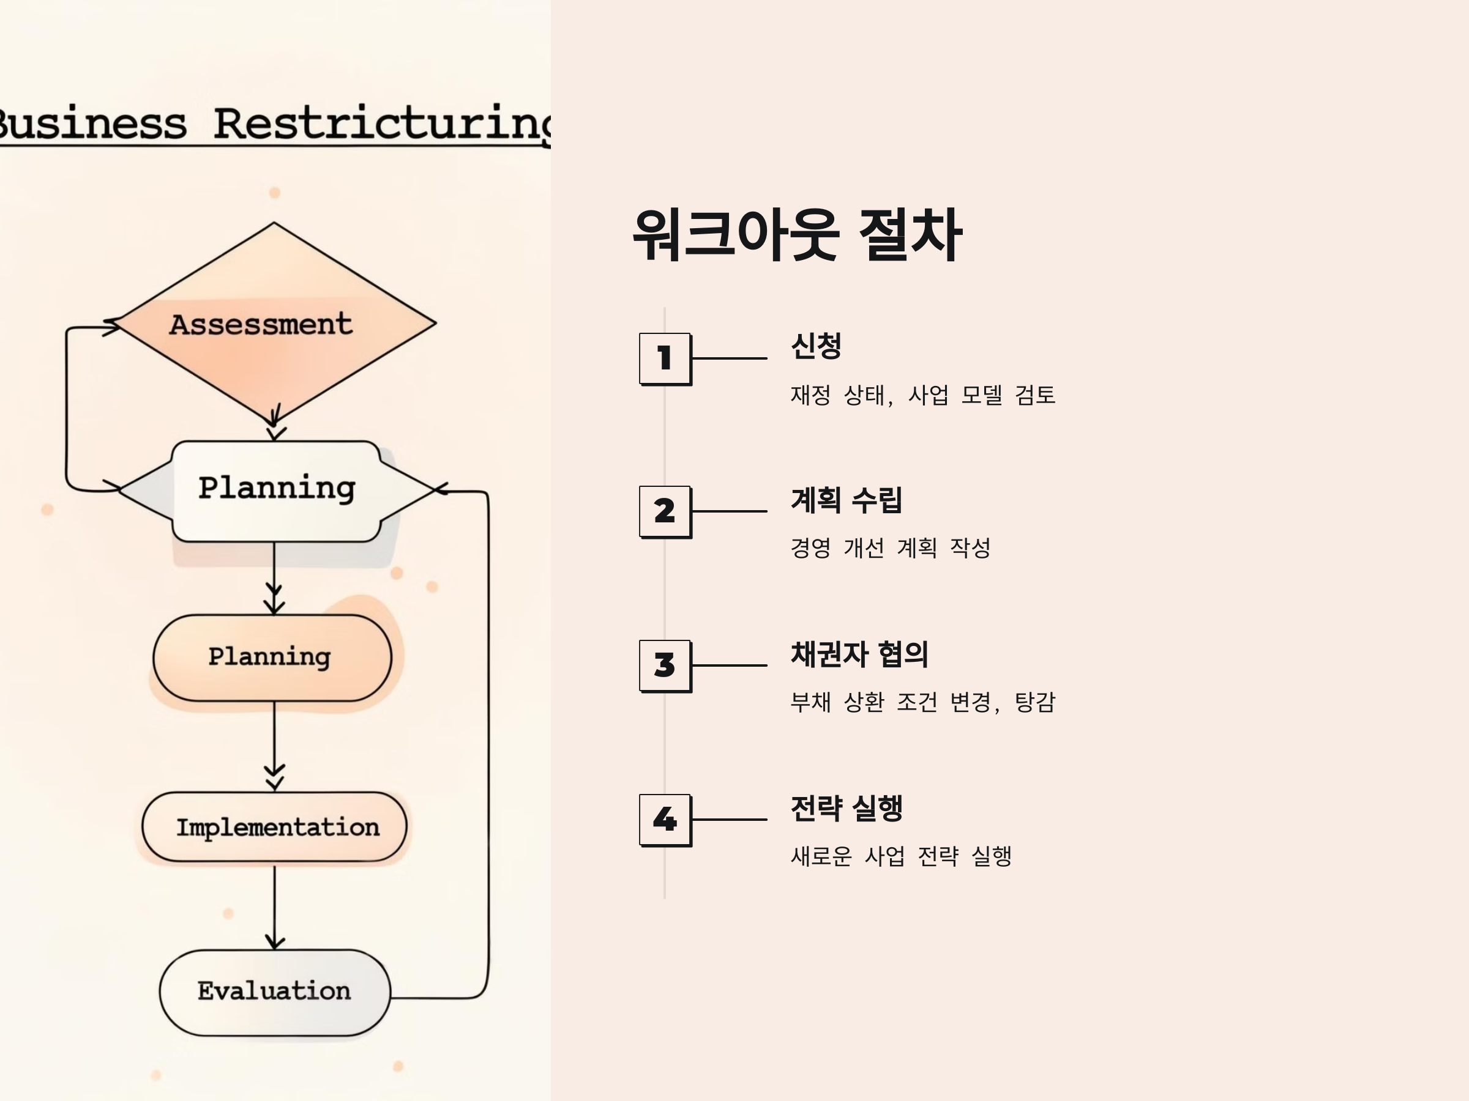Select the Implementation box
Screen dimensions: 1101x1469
(274, 827)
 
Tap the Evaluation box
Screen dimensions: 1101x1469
(274, 992)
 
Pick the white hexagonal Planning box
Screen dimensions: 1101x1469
(276, 490)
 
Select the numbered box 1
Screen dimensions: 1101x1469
(665, 358)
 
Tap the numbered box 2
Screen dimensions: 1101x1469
(665, 511)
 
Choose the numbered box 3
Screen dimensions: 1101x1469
(665, 665)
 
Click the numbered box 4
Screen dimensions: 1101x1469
(665, 819)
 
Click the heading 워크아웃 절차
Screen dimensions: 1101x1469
(797, 235)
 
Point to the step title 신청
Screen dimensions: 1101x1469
(816, 346)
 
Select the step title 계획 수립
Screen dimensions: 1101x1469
(846, 500)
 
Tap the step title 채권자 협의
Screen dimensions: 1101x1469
(859, 654)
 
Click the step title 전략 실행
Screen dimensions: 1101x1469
(846, 807)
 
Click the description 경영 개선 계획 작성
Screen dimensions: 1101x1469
(890, 548)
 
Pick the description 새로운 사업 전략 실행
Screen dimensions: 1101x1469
(900, 856)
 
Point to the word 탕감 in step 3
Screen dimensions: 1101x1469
(1034, 702)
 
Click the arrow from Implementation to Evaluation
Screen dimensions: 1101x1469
(274, 906)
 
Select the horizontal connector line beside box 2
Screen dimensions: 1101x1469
(729, 511)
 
